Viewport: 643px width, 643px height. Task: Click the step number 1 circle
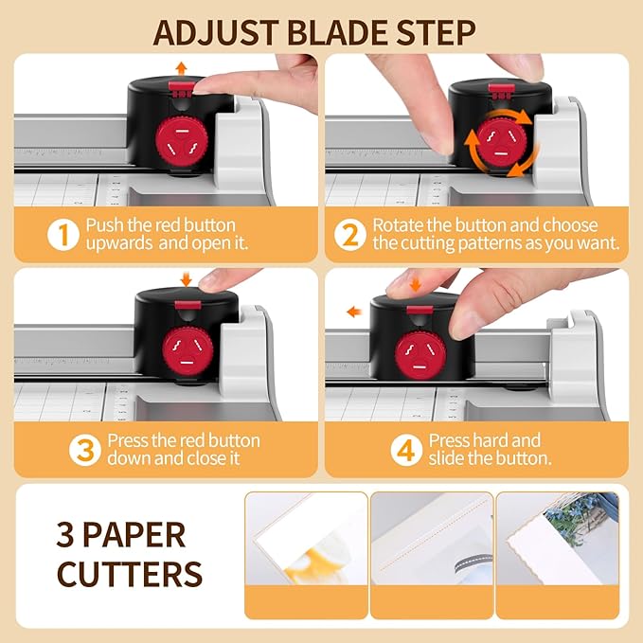click(63, 235)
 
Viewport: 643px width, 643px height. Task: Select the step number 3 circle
click(85, 450)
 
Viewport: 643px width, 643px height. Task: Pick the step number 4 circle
click(405, 450)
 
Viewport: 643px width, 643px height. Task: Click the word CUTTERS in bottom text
click(130, 574)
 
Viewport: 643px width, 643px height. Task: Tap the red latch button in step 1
click(181, 88)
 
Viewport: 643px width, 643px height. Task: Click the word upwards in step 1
click(120, 243)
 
